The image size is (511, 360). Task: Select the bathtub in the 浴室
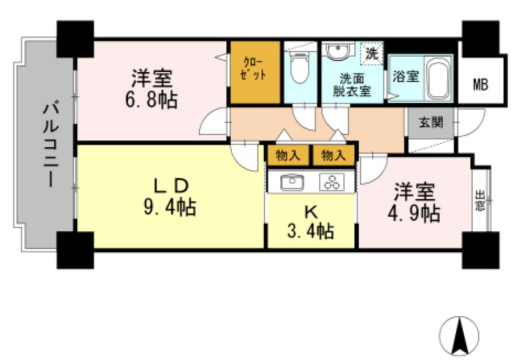[438, 78]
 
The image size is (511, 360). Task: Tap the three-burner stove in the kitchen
[331, 182]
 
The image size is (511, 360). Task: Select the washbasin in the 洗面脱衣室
[336, 51]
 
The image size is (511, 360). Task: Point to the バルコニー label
[48, 144]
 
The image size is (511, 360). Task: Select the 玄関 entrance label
[430, 122]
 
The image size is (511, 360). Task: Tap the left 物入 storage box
[288, 155]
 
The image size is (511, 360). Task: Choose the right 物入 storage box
[333, 155]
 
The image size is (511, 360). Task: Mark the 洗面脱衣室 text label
[353, 85]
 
